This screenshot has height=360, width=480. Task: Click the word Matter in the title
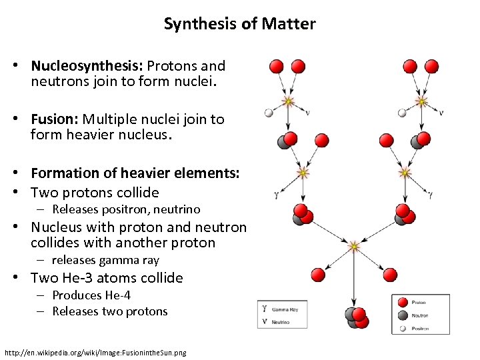(289, 25)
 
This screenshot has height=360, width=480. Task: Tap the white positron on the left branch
(269, 113)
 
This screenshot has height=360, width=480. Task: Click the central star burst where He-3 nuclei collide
(354, 247)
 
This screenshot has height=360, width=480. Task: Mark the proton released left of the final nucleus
(316, 275)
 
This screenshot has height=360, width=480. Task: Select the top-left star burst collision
(288, 101)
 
